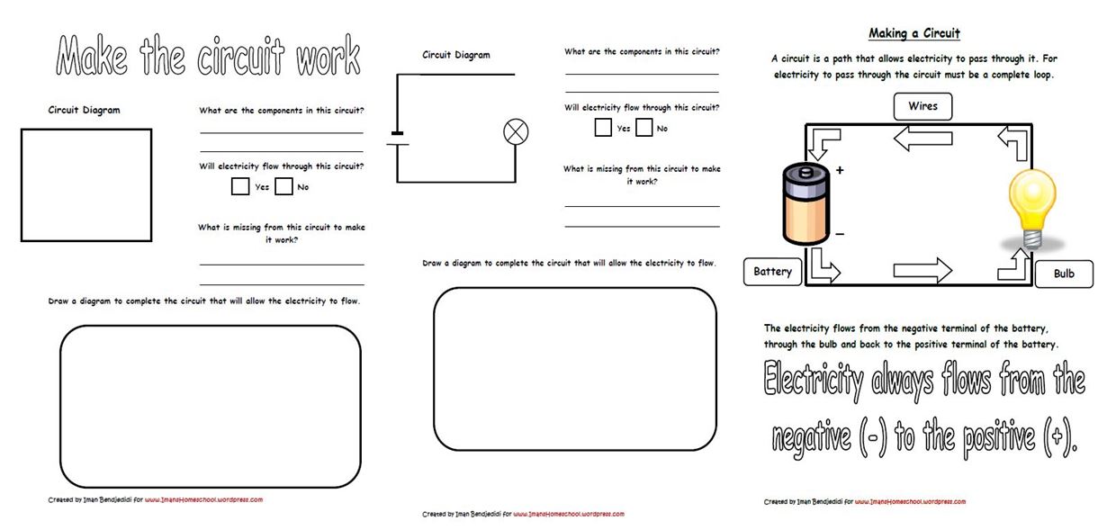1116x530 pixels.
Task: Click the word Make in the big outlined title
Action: tap(92, 55)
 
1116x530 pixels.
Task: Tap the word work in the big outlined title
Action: tap(328, 55)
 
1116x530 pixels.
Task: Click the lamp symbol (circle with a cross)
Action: tap(516, 132)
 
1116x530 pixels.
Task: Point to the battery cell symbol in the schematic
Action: tap(397, 139)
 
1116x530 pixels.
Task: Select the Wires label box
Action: tap(922, 106)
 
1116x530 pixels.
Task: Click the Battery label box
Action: tap(772, 272)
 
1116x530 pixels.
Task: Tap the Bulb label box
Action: tap(1064, 274)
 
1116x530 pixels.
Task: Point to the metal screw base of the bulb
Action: tap(1031, 239)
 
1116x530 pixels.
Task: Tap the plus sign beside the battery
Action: tap(840, 170)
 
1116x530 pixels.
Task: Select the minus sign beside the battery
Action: tap(840, 234)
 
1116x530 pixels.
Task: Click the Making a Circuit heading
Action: tap(914, 33)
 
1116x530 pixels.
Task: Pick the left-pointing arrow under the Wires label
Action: tap(922, 139)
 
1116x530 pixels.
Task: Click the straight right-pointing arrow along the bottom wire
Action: tap(922, 271)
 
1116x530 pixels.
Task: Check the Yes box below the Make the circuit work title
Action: tap(240, 186)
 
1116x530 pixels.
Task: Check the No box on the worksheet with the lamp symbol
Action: tap(643, 128)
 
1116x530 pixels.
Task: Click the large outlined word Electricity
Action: tap(813, 380)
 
